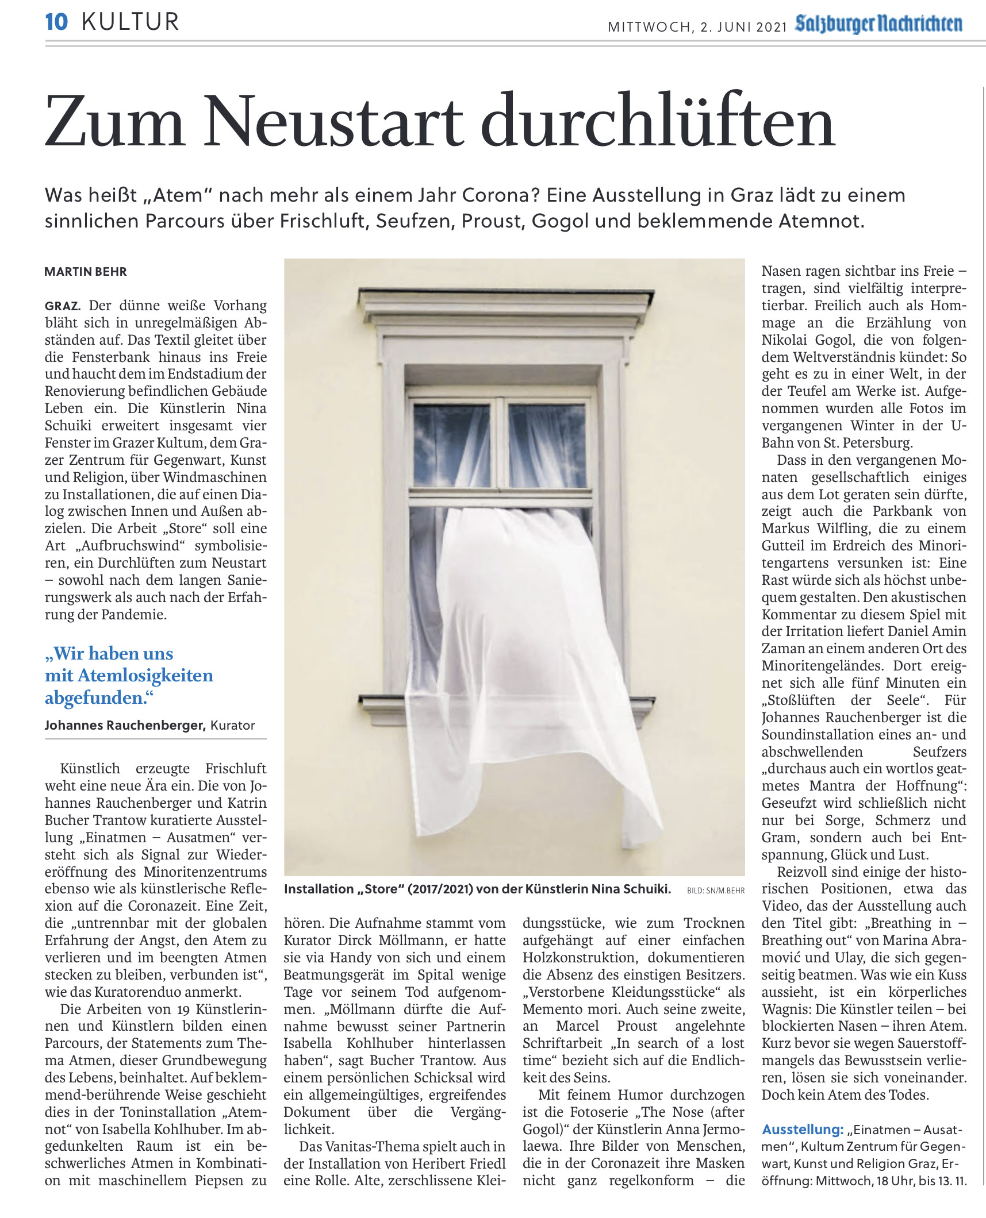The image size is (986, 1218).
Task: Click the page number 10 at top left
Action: coord(56,22)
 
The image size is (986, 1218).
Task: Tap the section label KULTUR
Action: coord(131,22)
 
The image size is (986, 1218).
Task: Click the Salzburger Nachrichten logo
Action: coord(878,24)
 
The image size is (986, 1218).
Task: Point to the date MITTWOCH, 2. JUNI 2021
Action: coord(697,27)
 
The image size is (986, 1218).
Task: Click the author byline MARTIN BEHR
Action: coord(86,272)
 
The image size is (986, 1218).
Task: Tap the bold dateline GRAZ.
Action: coord(62,306)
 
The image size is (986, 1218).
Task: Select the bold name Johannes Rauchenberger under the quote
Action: coord(125,726)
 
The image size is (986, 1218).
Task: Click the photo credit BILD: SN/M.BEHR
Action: coord(716,891)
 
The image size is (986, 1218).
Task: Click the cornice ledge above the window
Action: coord(506,300)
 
